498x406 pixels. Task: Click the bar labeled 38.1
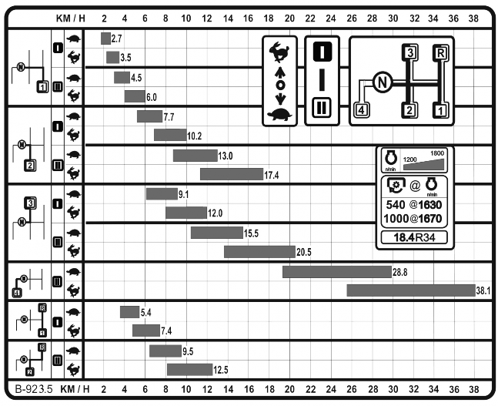point(411,290)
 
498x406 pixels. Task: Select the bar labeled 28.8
point(337,272)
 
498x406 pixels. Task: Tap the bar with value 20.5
point(260,252)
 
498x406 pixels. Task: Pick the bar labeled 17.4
point(232,174)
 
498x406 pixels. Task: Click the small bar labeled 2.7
point(105,39)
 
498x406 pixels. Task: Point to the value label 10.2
point(195,136)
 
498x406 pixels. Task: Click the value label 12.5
point(221,370)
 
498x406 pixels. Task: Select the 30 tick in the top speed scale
point(393,18)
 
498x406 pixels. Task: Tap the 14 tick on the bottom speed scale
point(229,389)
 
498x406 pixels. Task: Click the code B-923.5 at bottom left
point(34,389)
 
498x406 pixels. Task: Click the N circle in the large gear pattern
point(382,82)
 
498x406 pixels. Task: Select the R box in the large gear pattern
point(440,53)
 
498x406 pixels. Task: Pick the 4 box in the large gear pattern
point(362,110)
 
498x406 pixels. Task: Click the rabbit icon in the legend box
point(279,52)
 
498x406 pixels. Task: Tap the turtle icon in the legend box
point(279,115)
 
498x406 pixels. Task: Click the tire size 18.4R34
point(414,237)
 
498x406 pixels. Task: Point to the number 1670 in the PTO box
point(430,219)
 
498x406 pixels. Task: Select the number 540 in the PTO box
point(396,205)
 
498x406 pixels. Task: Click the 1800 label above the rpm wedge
point(437,153)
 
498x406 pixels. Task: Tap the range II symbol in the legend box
point(322,108)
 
